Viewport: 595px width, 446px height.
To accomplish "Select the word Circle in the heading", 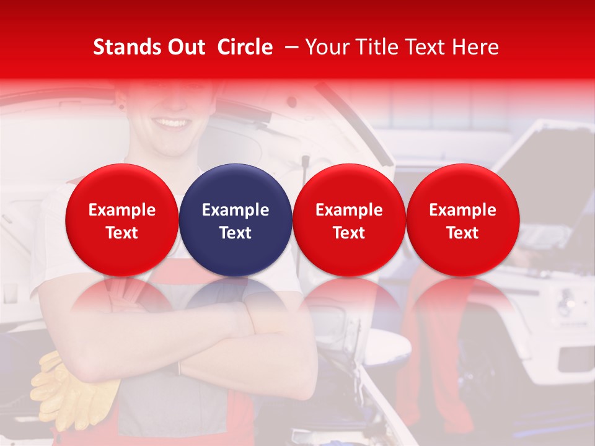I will (245, 47).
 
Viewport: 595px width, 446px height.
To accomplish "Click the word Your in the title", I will (326, 47).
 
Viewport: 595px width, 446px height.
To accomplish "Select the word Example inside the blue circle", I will (236, 210).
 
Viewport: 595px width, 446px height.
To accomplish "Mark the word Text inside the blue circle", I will (236, 233).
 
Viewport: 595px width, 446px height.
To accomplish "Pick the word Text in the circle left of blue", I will (122, 233).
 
